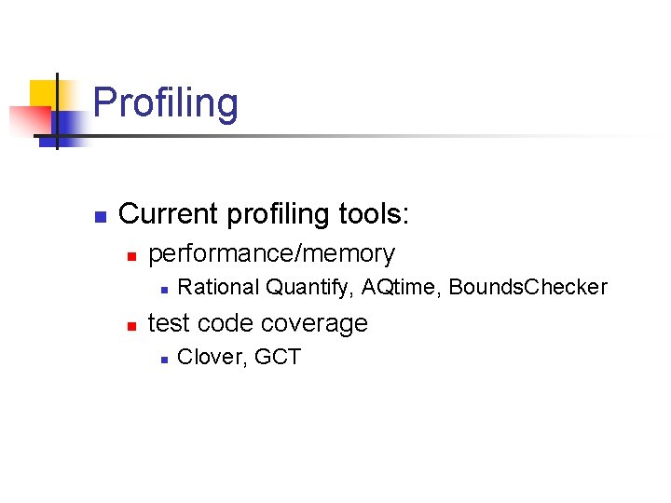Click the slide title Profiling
(166, 103)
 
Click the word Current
(163, 214)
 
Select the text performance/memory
(271, 253)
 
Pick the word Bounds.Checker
(527, 287)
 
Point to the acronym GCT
(278, 357)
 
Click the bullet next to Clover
(162, 359)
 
